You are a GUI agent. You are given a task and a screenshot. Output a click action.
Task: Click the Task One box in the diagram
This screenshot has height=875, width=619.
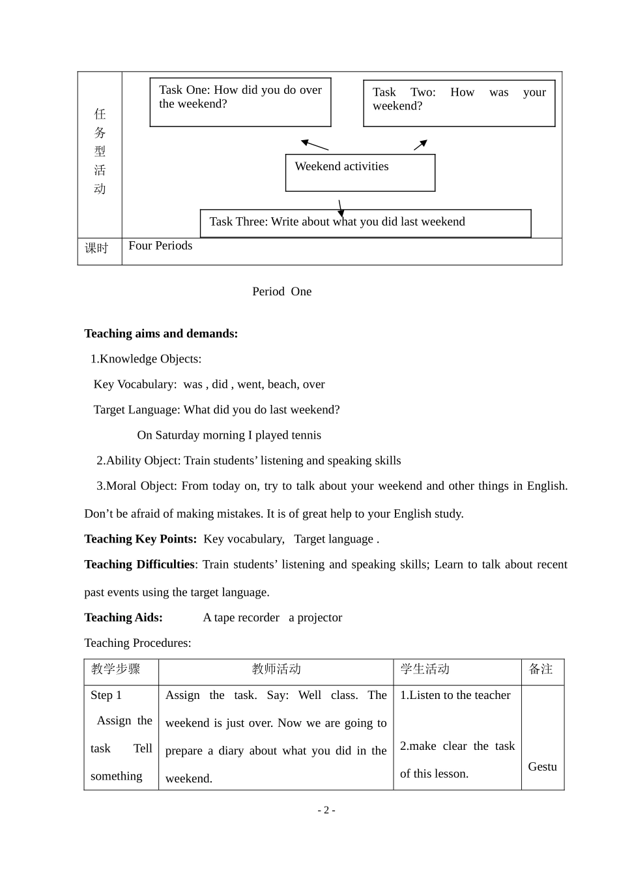click(240, 102)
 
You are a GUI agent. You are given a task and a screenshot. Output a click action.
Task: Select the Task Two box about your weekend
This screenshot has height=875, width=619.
click(459, 103)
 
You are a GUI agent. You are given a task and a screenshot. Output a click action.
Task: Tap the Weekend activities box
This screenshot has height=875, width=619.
click(360, 173)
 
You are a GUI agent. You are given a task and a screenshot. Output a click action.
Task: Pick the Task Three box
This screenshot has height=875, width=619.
click(365, 223)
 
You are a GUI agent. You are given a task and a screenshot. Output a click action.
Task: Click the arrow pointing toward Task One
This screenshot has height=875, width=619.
click(315, 145)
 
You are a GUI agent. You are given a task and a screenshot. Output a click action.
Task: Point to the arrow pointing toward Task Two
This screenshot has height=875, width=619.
click(420, 145)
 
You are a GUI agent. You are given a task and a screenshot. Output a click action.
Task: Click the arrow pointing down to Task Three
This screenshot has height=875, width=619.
click(340, 208)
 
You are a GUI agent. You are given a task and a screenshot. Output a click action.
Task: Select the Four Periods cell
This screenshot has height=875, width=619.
click(160, 246)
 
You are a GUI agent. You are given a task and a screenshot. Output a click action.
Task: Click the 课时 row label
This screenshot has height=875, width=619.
click(96, 248)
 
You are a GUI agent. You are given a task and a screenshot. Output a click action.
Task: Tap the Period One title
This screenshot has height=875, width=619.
click(281, 291)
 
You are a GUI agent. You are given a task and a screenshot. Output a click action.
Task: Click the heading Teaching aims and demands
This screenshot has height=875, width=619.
click(161, 334)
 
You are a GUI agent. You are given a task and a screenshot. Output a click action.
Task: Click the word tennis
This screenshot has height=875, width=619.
click(306, 435)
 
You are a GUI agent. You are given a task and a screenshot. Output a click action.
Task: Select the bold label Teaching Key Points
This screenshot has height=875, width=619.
click(140, 539)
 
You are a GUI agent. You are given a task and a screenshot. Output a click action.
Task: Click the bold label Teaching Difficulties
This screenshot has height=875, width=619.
click(139, 565)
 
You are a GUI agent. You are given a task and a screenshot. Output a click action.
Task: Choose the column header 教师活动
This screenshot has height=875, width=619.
click(276, 669)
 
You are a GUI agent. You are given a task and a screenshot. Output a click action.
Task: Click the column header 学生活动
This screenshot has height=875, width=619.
click(425, 669)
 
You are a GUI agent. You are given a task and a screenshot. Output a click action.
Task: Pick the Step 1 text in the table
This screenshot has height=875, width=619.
click(106, 695)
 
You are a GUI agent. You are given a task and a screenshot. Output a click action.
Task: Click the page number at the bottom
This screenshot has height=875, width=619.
click(326, 810)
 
